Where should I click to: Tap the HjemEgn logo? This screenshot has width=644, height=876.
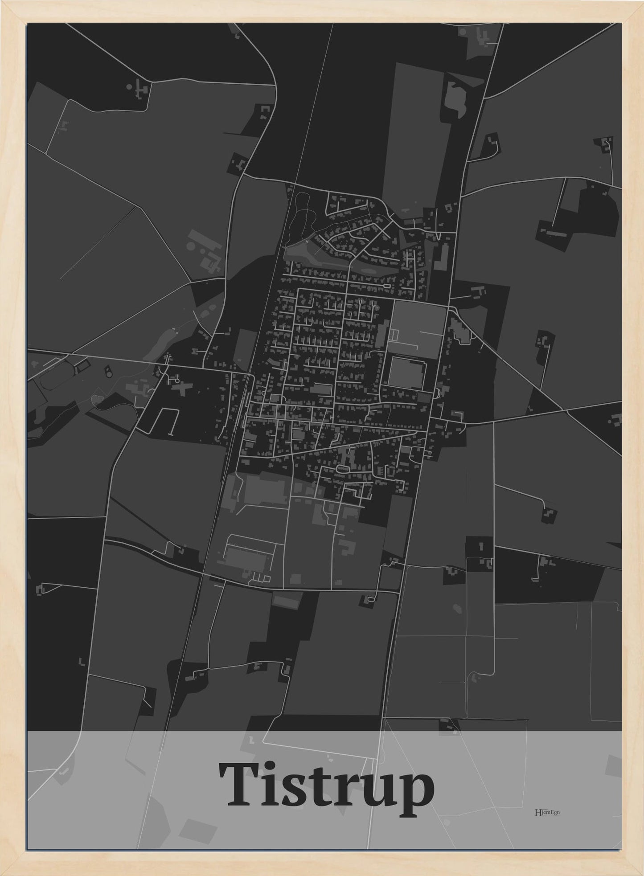[547, 812]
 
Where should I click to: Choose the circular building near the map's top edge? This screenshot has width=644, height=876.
[462, 32]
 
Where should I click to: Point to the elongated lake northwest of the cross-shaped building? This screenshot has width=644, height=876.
[163, 340]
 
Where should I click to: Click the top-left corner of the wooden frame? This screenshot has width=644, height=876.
[2, 2]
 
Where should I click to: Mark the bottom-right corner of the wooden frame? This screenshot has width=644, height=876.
[641, 873]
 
